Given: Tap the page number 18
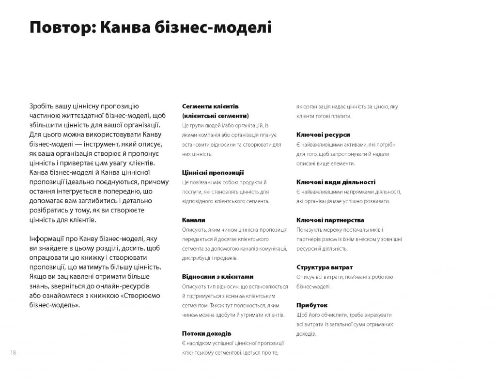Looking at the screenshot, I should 13,353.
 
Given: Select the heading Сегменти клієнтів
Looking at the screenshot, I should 210,106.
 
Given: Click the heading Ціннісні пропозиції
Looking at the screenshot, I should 213,172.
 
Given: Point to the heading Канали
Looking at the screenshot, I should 194,220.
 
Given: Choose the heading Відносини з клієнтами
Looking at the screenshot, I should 217,277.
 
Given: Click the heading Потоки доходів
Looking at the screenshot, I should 206,333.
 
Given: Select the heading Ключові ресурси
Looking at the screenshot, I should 323,134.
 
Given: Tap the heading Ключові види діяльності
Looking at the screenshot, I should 336,182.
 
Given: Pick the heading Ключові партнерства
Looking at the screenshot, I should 330,220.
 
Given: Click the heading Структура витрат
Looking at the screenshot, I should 325,267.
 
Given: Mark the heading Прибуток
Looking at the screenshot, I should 312,305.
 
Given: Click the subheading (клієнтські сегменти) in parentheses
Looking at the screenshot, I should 215,116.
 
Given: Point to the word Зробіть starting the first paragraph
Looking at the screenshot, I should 42,106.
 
